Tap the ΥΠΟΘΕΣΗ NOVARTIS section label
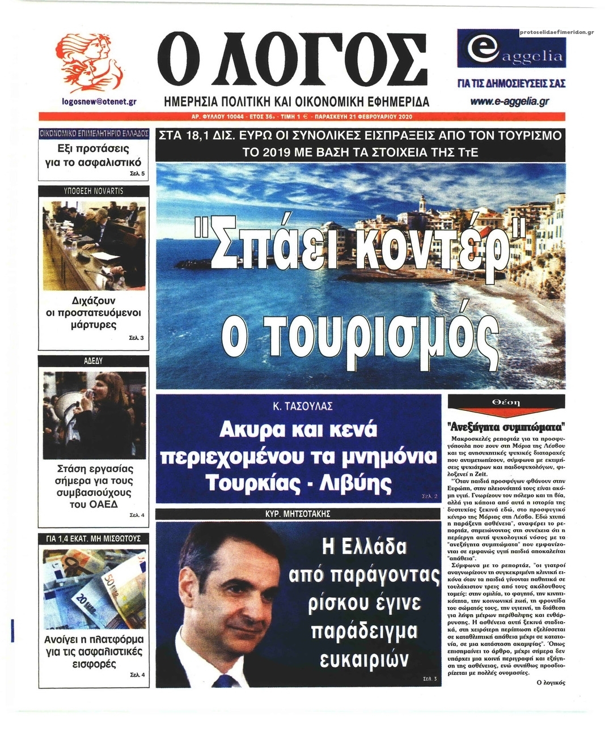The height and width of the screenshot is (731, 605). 93,191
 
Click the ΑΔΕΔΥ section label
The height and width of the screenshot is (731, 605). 93,360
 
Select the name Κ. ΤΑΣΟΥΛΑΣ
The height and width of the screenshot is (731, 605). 299,406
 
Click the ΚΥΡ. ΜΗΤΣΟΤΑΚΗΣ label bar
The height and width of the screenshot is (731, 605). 298,514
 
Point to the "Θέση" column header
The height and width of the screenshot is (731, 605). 506,402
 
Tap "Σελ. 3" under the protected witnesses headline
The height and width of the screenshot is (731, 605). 137,338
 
